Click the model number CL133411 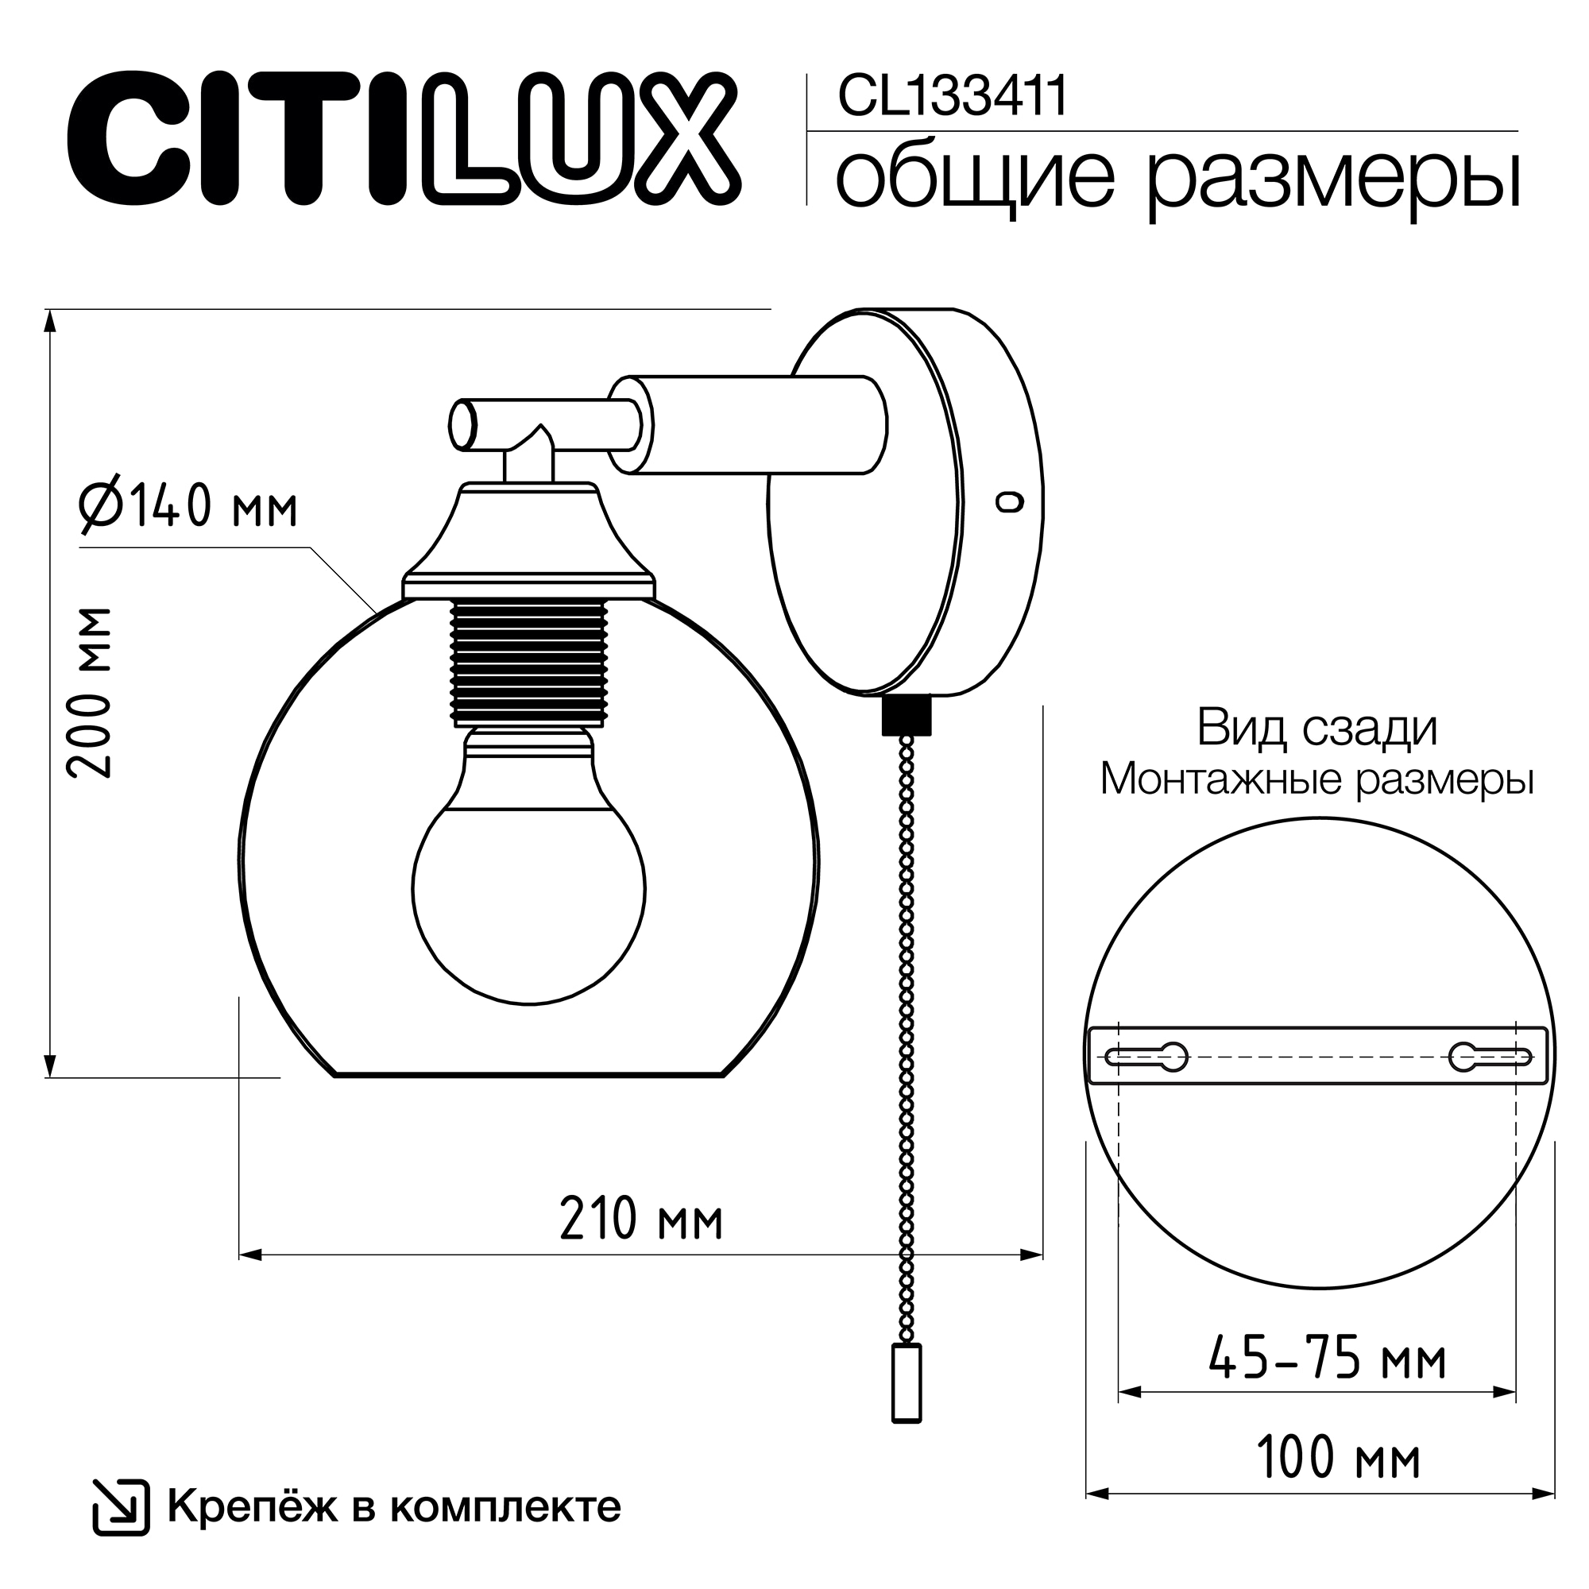[x=952, y=97]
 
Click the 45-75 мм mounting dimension [x=1326, y=1360]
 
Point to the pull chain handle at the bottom [x=907, y=1383]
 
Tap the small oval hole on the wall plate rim [x=1009, y=501]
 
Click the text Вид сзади [x=1316, y=728]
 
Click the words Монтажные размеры [x=1316, y=779]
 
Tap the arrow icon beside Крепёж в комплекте [x=120, y=1529]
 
